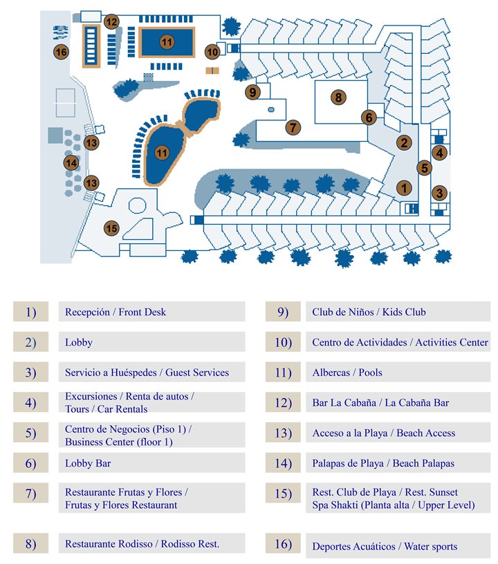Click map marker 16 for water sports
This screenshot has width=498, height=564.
[x=61, y=52]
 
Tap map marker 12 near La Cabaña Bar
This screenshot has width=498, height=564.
[x=111, y=21]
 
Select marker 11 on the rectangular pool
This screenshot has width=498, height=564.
[x=166, y=42]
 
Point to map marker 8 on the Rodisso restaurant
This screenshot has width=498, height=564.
[x=338, y=97]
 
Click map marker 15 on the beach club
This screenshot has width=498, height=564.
[x=111, y=227]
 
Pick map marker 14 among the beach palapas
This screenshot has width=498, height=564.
[x=71, y=163]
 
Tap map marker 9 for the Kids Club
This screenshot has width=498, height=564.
[x=252, y=92]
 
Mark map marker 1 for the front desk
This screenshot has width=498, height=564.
[x=403, y=187]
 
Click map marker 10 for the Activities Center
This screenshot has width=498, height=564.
[x=213, y=51]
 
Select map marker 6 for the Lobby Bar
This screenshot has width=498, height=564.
[x=369, y=117]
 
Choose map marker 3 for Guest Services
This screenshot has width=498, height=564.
[x=439, y=194]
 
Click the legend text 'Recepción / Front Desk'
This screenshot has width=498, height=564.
[x=116, y=312]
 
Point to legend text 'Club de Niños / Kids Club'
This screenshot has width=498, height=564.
[x=369, y=312]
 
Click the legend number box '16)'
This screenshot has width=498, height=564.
[x=283, y=545]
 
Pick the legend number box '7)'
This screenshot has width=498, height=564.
[x=30, y=493]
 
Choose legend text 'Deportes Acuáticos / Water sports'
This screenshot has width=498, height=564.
[x=385, y=547]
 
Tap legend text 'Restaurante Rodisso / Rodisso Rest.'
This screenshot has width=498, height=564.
[x=142, y=544]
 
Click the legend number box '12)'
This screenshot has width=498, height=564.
[x=283, y=402]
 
